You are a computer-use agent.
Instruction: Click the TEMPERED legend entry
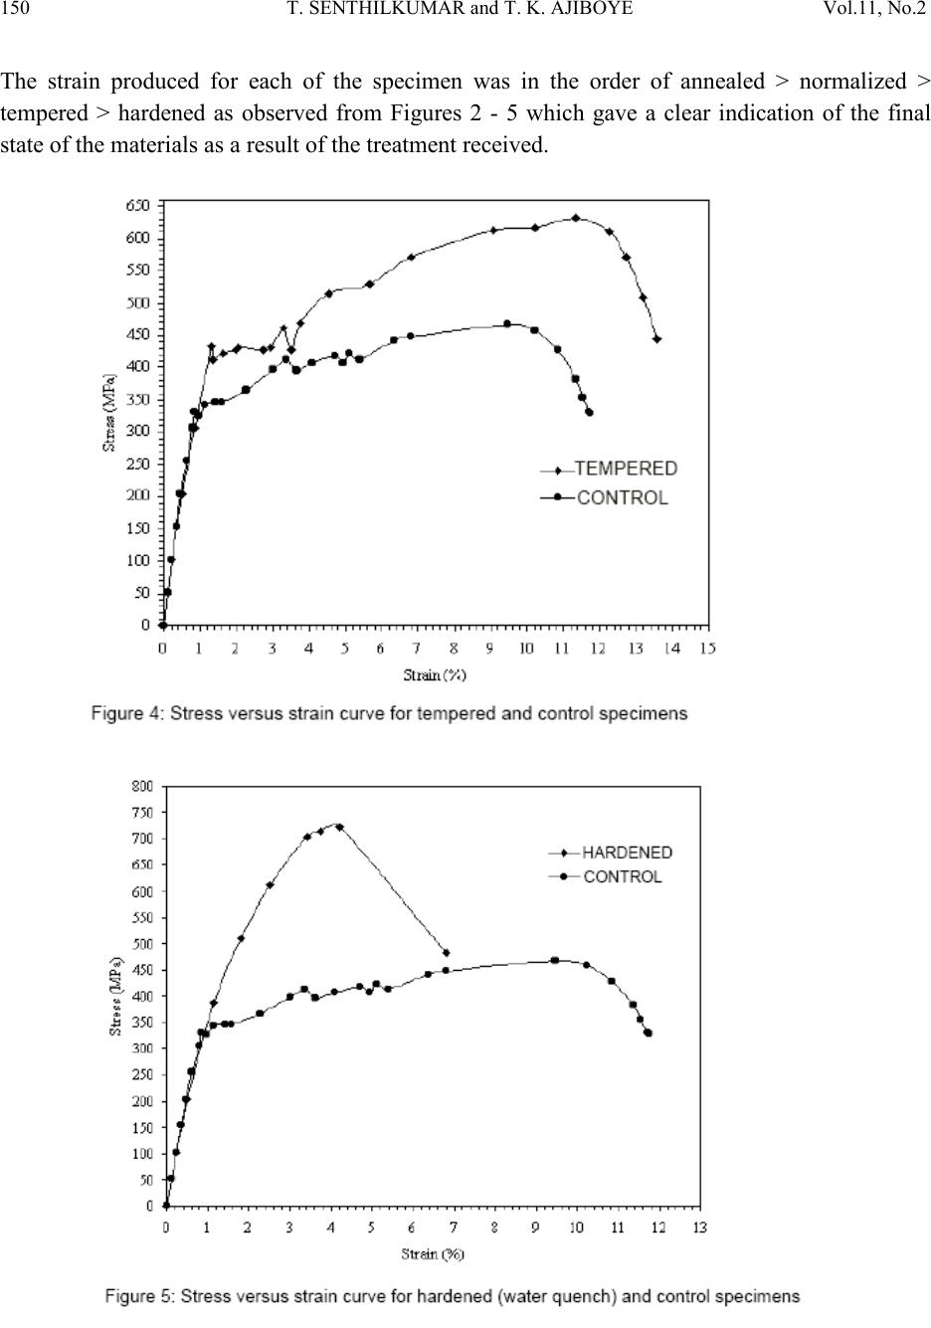[x=609, y=469]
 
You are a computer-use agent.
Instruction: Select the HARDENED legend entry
[x=611, y=853]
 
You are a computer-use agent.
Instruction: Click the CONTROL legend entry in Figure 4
[x=605, y=497]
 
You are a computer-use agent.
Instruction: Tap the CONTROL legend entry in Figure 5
[x=605, y=876]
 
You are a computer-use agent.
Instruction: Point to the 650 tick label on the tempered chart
[x=137, y=206]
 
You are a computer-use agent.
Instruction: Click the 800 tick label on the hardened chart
[x=141, y=786]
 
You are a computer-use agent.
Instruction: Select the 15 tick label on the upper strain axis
[x=707, y=649]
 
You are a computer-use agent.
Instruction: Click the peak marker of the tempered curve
[x=576, y=218]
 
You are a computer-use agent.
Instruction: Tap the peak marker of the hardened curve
[x=339, y=827]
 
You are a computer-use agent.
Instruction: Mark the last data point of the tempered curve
[x=656, y=339]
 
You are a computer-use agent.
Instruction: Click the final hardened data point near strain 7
[x=447, y=953]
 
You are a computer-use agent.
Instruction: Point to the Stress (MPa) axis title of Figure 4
[x=109, y=413]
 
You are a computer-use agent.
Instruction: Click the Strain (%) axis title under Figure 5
[x=433, y=1254]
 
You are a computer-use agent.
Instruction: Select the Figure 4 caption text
[x=389, y=713]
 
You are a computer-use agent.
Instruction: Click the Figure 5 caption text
[x=453, y=1296]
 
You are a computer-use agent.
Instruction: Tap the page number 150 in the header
[x=15, y=8]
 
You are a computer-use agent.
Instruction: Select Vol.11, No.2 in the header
[x=874, y=8]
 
